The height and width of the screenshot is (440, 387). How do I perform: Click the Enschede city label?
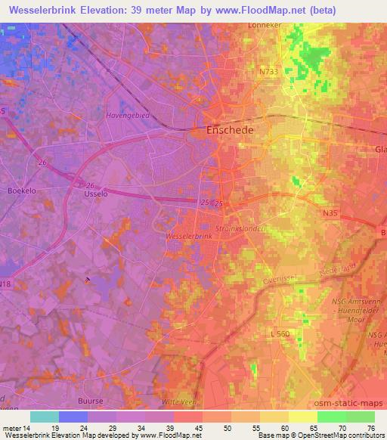[231, 131]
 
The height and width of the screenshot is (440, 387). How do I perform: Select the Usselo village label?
[91, 194]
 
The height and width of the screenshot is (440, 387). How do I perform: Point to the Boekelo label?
[23, 191]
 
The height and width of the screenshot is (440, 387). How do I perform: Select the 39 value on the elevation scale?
[160, 429]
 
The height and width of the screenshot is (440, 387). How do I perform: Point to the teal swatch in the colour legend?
[45, 417]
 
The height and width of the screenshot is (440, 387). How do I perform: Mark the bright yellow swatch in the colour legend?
[302, 417]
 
